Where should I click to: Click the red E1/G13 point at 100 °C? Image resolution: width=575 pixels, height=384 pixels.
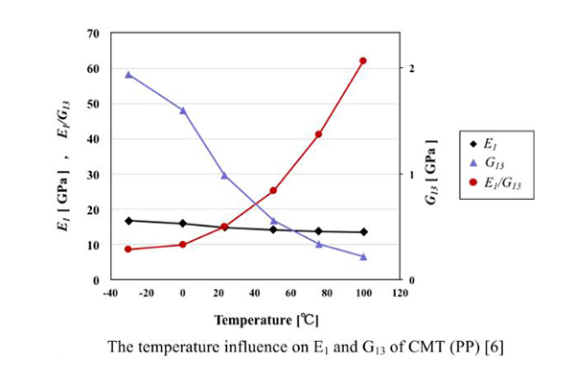[363, 61]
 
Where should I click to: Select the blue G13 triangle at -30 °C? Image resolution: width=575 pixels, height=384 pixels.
[128, 74]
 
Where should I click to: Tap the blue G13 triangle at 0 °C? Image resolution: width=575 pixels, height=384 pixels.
[183, 110]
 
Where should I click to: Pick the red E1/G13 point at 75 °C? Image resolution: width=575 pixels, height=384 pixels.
[318, 134]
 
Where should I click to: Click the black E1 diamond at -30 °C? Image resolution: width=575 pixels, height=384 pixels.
[128, 221]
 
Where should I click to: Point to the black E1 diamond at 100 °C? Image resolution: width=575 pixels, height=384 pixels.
[363, 232]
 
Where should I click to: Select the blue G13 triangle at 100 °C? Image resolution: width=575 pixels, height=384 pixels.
[363, 256]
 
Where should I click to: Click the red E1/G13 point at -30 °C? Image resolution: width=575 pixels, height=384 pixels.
[128, 250]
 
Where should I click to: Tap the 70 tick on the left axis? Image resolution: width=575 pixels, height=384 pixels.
[94, 34]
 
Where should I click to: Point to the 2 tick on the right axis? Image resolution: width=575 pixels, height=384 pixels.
[411, 68]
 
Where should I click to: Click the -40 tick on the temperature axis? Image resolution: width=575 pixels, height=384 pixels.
[110, 293]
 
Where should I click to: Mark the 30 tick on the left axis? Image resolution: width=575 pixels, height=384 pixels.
[94, 175]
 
